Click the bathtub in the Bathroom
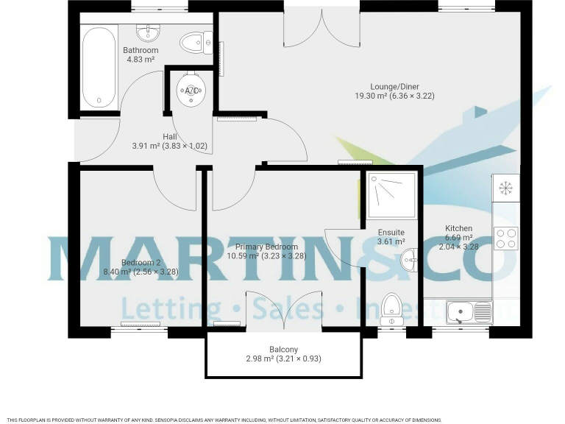98,68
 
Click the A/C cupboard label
191,91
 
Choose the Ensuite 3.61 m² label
391,236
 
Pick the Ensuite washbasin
409,260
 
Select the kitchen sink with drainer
469,312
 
